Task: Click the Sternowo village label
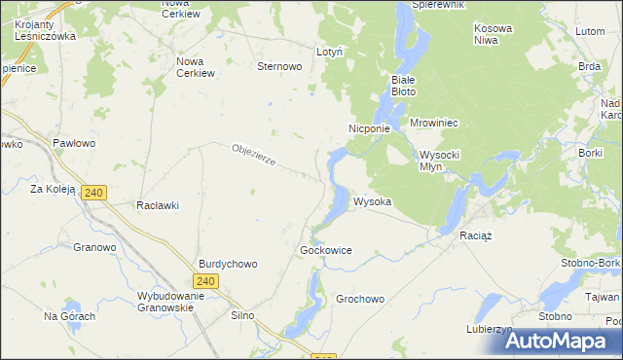point(278,67)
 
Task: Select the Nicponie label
point(369,128)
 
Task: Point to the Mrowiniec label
point(434,124)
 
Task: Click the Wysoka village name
point(373,202)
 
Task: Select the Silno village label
point(241,316)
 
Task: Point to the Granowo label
point(94,247)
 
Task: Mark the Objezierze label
point(255,155)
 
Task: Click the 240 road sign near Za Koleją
point(93,193)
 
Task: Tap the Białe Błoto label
point(403,85)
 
